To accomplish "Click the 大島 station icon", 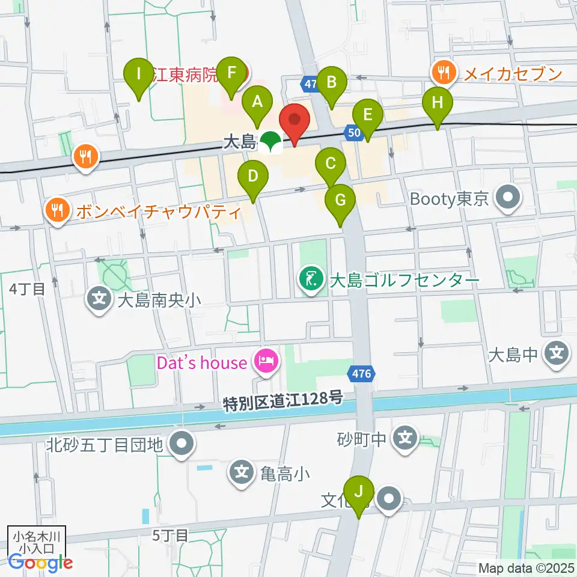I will click(x=271, y=142).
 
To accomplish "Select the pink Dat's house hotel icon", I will click(x=266, y=362).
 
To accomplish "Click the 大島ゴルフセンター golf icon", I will click(x=310, y=279).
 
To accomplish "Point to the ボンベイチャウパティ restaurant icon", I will click(x=58, y=211).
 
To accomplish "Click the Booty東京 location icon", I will click(x=508, y=198).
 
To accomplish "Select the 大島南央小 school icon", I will click(x=98, y=299).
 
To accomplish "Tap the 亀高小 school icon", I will click(x=242, y=473).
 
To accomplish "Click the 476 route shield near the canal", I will click(x=361, y=374).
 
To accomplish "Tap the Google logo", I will click(x=40, y=563).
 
